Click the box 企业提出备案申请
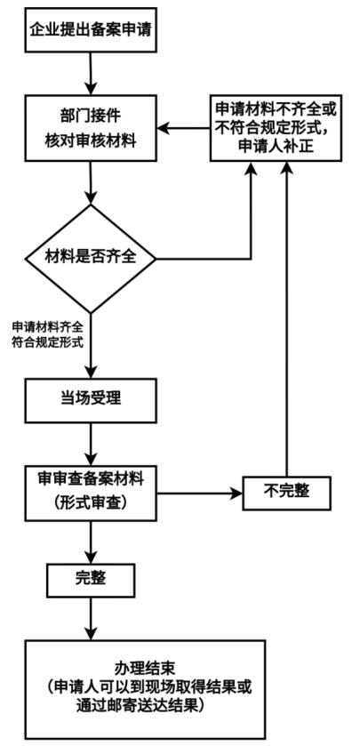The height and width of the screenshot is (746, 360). pyautogui.click(x=91, y=30)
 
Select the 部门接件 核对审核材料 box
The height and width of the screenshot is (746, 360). pyautogui.click(x=91, y=128)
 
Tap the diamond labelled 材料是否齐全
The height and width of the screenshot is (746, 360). pyautogui.click(x=91, y=259)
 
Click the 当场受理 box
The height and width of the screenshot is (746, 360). pyautogui.click(x=91, y=401)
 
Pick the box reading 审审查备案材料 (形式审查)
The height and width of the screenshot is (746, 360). pyautogui.click(x=91, y=493)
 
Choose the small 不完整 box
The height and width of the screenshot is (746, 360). pyautogui.click(x=286, y=493)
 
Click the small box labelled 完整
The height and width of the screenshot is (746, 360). pyautogui.click(x=91, y=580)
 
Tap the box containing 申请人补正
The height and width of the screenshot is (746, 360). pyautogui.click(x=276, y=128)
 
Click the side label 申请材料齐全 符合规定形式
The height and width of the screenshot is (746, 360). pyautogui.click(x=47, y=334)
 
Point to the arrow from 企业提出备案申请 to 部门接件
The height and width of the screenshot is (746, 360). pyautogui.click(x=91, y=74)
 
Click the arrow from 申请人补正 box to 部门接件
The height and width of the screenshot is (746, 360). pyautogui.click(x=184, y=128)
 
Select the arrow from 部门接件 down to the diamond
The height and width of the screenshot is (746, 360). pyautogui.click(x=91, y=183)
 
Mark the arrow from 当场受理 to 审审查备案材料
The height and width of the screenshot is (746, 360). pyautogui.click(x=91, y=445)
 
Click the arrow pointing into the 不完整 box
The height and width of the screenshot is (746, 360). pyautogui.click(x=200, y=493)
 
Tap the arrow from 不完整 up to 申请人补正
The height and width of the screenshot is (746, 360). pyautogui.click(x=286, y=319)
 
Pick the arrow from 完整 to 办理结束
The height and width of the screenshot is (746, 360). pyautogui.click(x=91, y=619)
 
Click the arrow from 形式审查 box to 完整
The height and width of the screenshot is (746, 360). pyautogui.click(x=91, y=542)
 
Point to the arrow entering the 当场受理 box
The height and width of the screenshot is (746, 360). pyautogui.click(x=91, y=346)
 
